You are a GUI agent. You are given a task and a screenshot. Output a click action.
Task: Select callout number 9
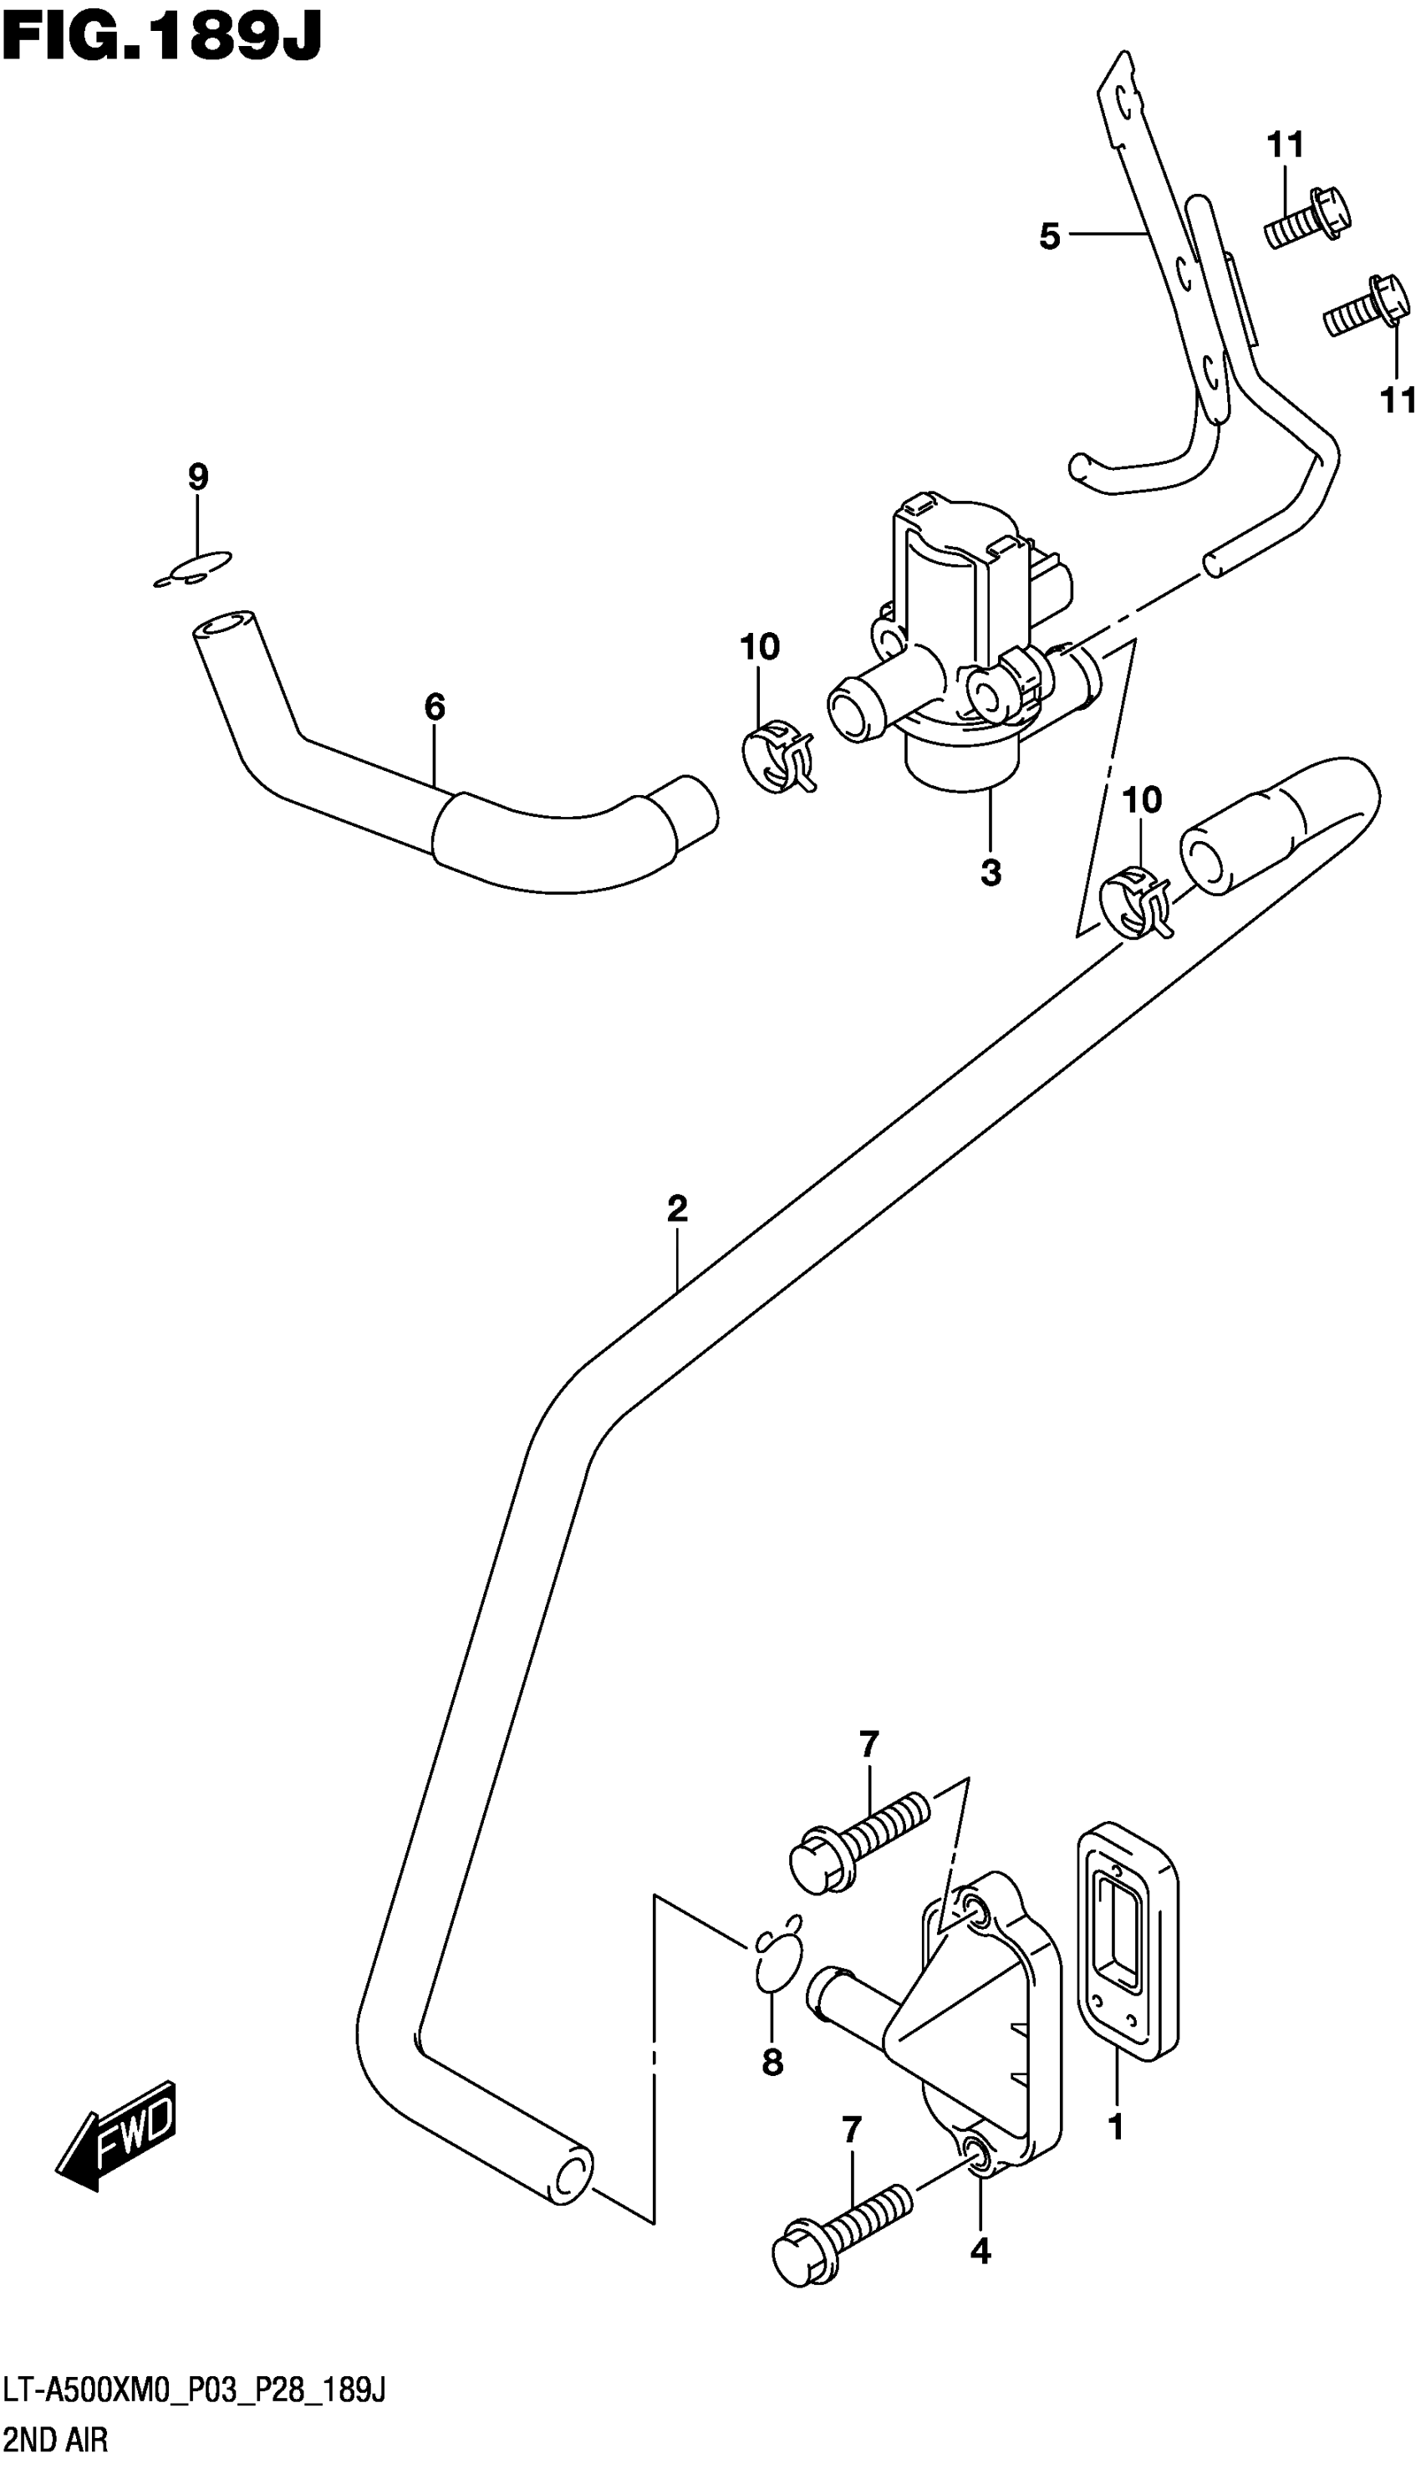coord(197,477)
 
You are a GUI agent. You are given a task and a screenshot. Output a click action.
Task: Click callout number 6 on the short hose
coord(435,707)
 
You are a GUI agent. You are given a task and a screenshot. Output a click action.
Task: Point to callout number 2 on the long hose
coord(677,1209)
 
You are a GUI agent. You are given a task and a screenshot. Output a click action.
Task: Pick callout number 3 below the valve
coord(991,872)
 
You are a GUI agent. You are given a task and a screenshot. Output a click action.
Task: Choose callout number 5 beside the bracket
coord(1049,236)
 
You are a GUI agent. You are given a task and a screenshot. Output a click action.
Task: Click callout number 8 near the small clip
coord(772,2062)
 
